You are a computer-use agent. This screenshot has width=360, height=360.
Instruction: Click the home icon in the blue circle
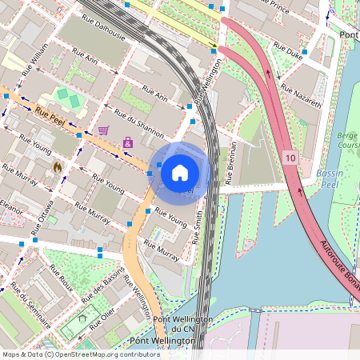pyautogui.click(x=180, y=171)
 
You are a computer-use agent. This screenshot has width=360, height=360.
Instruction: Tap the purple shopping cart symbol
pyautogui.click(x=103, y=130)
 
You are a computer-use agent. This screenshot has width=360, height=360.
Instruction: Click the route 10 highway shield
pyautogui.click(x=290, y=159)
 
